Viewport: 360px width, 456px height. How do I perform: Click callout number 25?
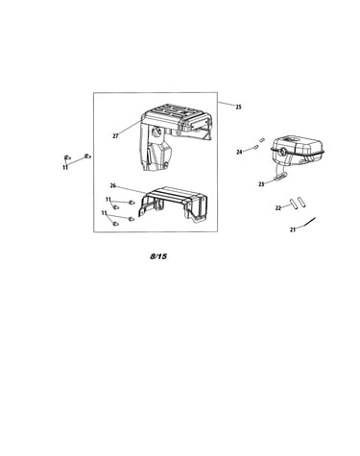click(238, 108)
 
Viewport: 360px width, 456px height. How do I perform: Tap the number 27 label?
click(115, 136)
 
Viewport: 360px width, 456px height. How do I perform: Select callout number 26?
click(113, 185)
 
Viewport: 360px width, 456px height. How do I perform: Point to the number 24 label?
click(239, 152)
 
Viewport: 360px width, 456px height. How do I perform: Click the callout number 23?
click(261, 184)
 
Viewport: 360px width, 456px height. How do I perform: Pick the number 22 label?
click(278, 208)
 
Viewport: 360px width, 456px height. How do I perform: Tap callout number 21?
click(293, 229)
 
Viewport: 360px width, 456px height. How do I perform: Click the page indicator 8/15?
click(158, 256)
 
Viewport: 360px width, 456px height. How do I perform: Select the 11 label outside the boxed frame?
click(65, 167)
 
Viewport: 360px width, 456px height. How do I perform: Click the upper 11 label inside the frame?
click(108, 200)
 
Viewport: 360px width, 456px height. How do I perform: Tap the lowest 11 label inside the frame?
click(105, 213)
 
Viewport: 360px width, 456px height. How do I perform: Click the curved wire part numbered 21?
click(306, 223)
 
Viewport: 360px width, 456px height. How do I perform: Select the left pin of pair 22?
click(294, 204)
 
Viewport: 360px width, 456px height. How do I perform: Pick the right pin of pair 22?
click(301, 204)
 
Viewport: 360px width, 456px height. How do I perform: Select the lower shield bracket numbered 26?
click(172, 204)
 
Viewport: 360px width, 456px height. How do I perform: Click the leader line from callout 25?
click(227, 103)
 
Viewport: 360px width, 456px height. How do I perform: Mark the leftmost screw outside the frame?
click(67, 157)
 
